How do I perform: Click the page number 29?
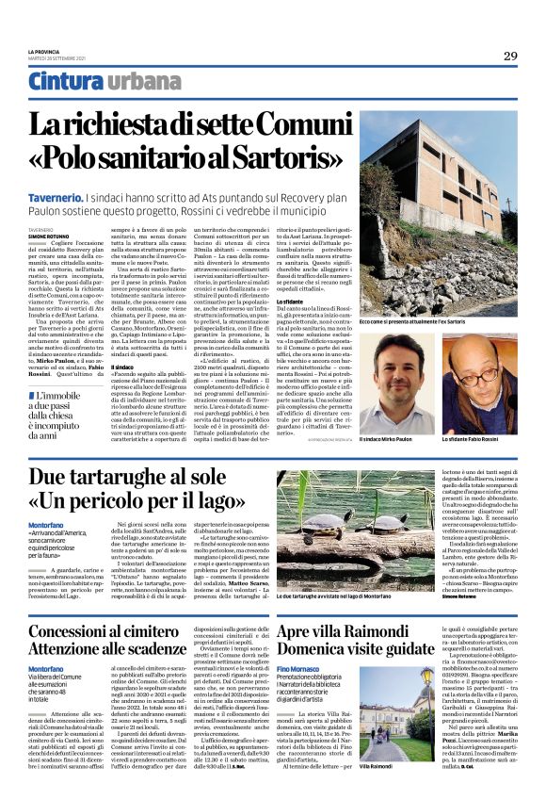coord(508,55)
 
